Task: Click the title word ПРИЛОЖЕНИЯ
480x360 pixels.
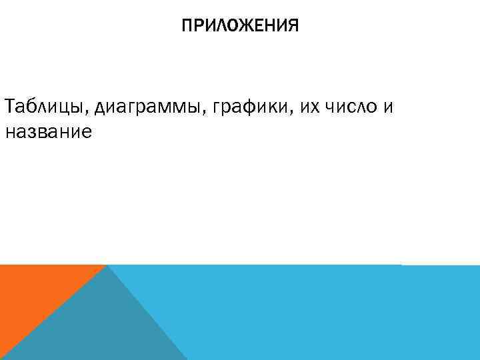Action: pos(240,26)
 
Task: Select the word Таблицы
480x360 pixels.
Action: pos(45,106)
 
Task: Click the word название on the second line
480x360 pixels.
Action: pos(47,132)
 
